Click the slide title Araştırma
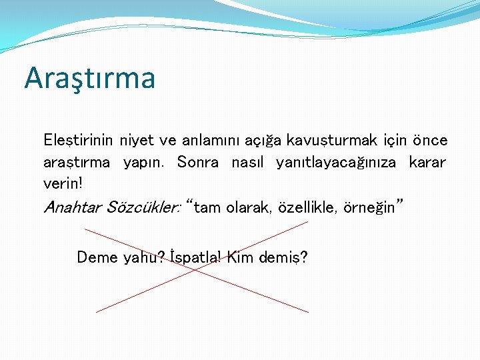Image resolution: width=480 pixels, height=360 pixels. [x=89, y=78]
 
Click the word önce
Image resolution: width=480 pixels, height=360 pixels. [x=429, y=141]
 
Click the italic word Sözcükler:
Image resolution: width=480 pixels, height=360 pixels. [x=141, y=207]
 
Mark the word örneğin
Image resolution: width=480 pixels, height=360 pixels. [x=370, y=208]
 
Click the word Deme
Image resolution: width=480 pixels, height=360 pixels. [x=97, y=257]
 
